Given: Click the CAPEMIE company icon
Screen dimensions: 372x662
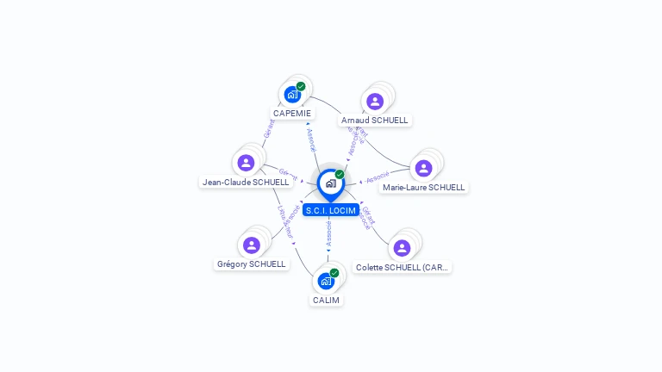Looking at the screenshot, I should click(292, 95).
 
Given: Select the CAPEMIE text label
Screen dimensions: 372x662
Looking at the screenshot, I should click(292, 113).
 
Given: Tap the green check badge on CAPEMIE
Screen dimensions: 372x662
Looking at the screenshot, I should click(301, 86).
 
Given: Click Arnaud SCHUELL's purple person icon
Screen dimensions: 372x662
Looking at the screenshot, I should click(375, 102).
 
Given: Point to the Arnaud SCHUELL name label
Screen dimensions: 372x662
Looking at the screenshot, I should click(374, 121).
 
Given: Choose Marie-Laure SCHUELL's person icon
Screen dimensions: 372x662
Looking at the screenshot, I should click(423, 168).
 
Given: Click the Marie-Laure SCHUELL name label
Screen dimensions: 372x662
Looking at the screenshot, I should click(423, 187).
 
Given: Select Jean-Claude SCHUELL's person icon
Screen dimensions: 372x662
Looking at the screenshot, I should click(246, 163).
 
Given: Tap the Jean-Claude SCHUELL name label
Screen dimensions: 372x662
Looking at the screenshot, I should click(245, 182).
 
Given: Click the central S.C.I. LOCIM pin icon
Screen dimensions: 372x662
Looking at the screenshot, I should click(330, 183).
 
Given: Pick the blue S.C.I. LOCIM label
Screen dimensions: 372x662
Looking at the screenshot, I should click(330, 210).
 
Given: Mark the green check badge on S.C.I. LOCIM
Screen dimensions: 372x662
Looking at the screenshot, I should click(340, 174).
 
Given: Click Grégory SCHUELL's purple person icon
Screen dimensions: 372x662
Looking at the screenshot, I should click(252, 245).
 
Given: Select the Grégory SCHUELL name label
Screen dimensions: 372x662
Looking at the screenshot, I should click(251, 264).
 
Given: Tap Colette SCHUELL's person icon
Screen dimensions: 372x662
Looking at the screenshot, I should click(402, 248).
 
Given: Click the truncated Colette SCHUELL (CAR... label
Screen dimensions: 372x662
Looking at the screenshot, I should click(403, 268).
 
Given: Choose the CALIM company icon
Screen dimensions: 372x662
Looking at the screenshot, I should click(326, 281).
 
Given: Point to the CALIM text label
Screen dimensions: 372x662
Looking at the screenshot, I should click(326, 301).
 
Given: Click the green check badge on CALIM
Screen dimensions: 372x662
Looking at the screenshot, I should click(334, 272).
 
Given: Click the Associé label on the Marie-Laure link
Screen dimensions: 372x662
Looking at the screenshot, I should click(378, 178).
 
